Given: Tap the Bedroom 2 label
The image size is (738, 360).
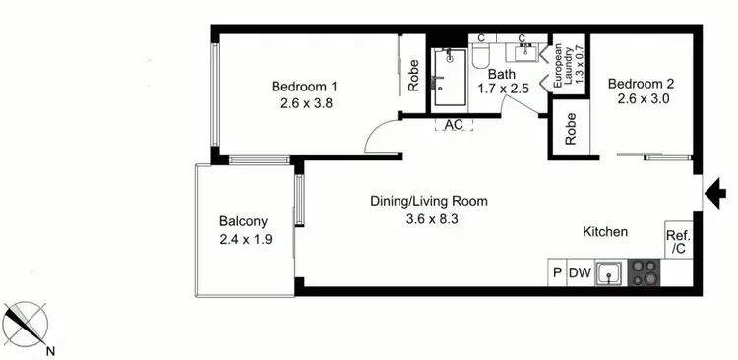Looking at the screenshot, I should pyautogui.click(x=640, y=83).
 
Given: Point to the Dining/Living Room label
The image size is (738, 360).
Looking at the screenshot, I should pyautogui.click(x=429, y=201).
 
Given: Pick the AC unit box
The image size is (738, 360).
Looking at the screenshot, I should pyautogui.click(x=454, y=126).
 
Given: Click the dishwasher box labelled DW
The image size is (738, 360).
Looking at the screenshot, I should pyautogui.click(x=580, y=273).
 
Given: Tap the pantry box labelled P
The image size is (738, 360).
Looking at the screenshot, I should pyautogui.click(x=557, y=273).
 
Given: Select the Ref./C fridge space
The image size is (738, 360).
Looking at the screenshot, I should pyautogui.click(x=679, y=242).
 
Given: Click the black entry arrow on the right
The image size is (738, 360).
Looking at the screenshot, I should pyautogui.click(x=710, y=193).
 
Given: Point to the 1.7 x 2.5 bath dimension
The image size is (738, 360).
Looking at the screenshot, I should pyautogui.click(x=504, y=89).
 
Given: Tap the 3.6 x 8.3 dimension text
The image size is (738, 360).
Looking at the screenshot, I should pyautogui.click(x=429, y=218).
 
